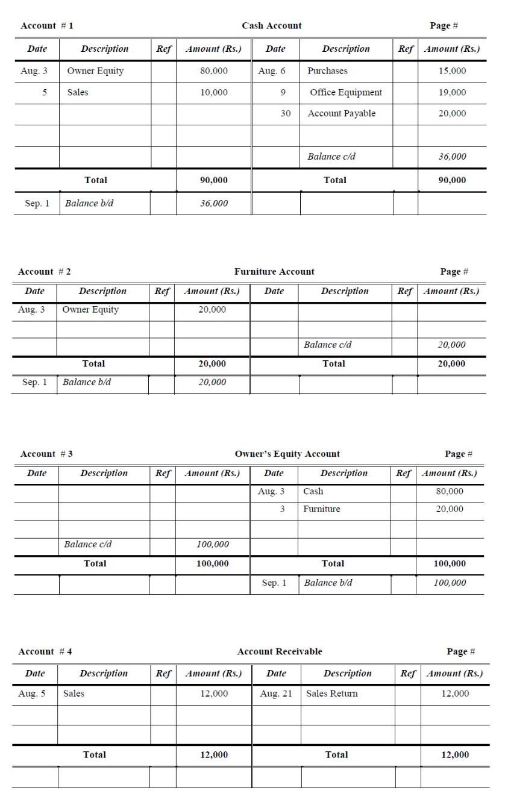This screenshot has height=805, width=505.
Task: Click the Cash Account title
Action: [x=272, y=26]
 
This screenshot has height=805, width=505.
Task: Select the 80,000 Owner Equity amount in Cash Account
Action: [x=213, y=71]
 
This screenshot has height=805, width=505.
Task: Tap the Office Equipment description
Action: [x=345, y=92]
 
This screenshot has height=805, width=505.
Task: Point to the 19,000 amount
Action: [x=453, y=92]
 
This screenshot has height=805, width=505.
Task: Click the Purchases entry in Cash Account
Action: [x=327, y=71]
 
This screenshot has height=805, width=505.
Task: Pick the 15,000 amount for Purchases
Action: [x=453, y=71]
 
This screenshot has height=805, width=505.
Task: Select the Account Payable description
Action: [x=341, y=113]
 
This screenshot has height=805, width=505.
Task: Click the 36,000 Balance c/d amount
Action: [x=453, y=156]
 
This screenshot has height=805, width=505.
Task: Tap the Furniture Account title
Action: [x=274, y=272]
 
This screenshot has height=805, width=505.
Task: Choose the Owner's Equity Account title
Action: [x=287, y=454]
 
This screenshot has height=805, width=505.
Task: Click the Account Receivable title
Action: [x=280, y=651]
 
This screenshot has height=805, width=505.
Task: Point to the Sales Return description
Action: [x=331, y=694]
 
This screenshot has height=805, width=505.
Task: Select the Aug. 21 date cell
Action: [x=276, y=694]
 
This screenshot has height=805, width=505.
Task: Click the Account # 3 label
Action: [x=46, y=454]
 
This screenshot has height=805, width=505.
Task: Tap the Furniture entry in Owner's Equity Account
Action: [x=321, y=509]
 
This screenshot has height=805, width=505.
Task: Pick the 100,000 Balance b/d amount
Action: [x=450, y=583]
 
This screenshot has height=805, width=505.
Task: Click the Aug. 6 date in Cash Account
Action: [x=271, y=71]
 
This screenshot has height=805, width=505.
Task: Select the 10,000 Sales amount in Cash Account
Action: [x=213, y=92]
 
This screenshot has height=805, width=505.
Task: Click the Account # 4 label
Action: [x=45, y=651]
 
